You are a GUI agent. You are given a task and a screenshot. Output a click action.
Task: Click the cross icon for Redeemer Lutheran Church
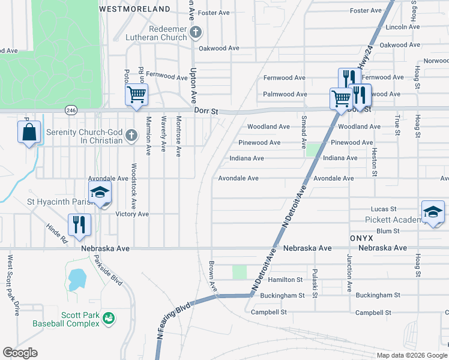pyautogui.click(x=195, y=32)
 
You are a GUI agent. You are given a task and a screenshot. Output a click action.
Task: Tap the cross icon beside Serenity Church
pyautogui.click(x=132, y=136)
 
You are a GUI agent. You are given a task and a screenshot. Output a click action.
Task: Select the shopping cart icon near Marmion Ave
pyautogui.click(x=136, y=94)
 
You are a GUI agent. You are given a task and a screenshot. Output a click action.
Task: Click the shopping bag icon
pyautogui.click(x=29, y=132)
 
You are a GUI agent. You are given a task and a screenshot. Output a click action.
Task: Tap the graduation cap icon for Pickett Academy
pyautogui.click(x=433, y=212)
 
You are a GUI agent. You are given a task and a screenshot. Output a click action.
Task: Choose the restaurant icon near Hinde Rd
pyautogui.click(x=79, y=224)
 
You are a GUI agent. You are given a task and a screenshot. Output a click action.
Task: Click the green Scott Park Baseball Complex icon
pyautogui.click(x=109, y=317)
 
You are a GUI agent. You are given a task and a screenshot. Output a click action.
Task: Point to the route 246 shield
pyautogui.click(x=71, y=110)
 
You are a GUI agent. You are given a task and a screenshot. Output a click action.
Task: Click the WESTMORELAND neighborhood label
pyautogui.click(x=134, y=10)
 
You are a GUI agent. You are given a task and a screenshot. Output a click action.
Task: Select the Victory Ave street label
pyautogui.click(x=132, y=214)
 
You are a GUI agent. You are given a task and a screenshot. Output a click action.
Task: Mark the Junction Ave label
pyautogui.click(x=349, y=272)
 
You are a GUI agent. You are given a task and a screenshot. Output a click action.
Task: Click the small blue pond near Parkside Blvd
pyautogui.click(x=77, y=280)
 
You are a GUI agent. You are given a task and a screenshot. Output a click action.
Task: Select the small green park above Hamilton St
pyautogui.click(x=240, y=272)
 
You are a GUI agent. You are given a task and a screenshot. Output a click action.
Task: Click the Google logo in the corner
pyautogui.click(x=20, y=353)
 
